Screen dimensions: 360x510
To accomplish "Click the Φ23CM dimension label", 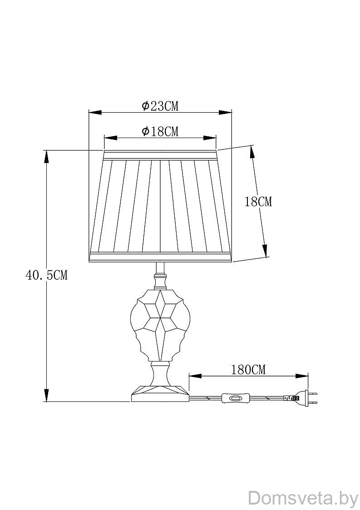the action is (x=160, y=106).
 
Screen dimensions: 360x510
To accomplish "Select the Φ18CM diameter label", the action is (x=160, y=131).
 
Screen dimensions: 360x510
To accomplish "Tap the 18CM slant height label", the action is (x=258, y=202).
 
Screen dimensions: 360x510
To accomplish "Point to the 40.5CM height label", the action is (x=46, y=275).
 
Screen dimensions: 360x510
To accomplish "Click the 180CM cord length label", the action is (x=248, y=370).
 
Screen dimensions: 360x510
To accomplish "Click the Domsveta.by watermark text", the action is (x=303, y=499).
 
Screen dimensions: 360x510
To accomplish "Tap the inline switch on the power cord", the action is (x=236, y=398).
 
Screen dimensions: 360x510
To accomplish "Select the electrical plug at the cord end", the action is (x=300, y=398).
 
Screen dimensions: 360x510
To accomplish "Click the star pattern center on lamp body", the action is (x=160, y=317).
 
